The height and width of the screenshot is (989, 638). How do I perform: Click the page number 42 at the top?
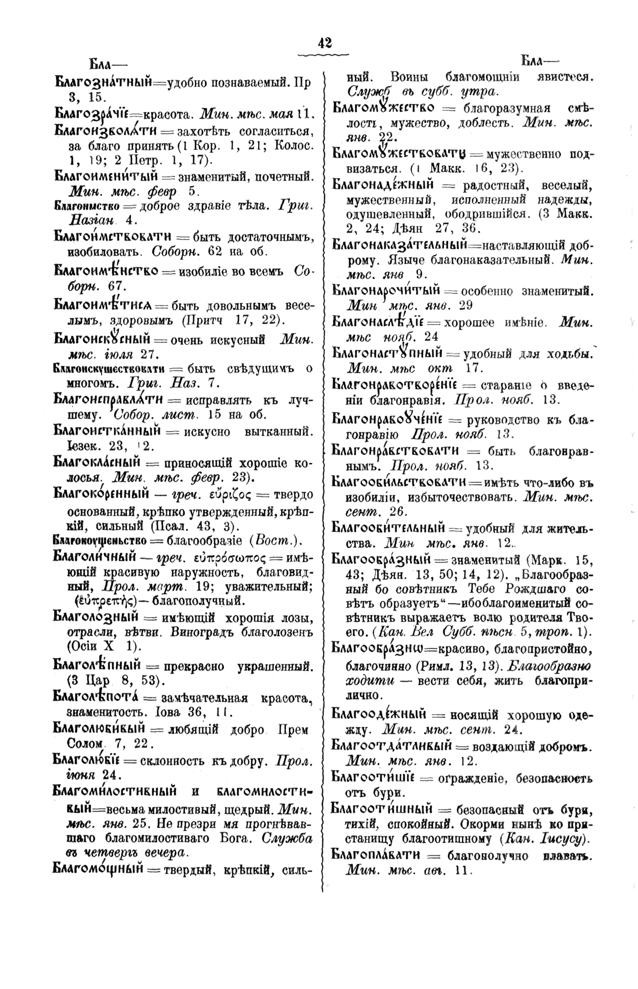coord(324,43)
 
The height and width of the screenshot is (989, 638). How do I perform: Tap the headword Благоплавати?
coord(376,855)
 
